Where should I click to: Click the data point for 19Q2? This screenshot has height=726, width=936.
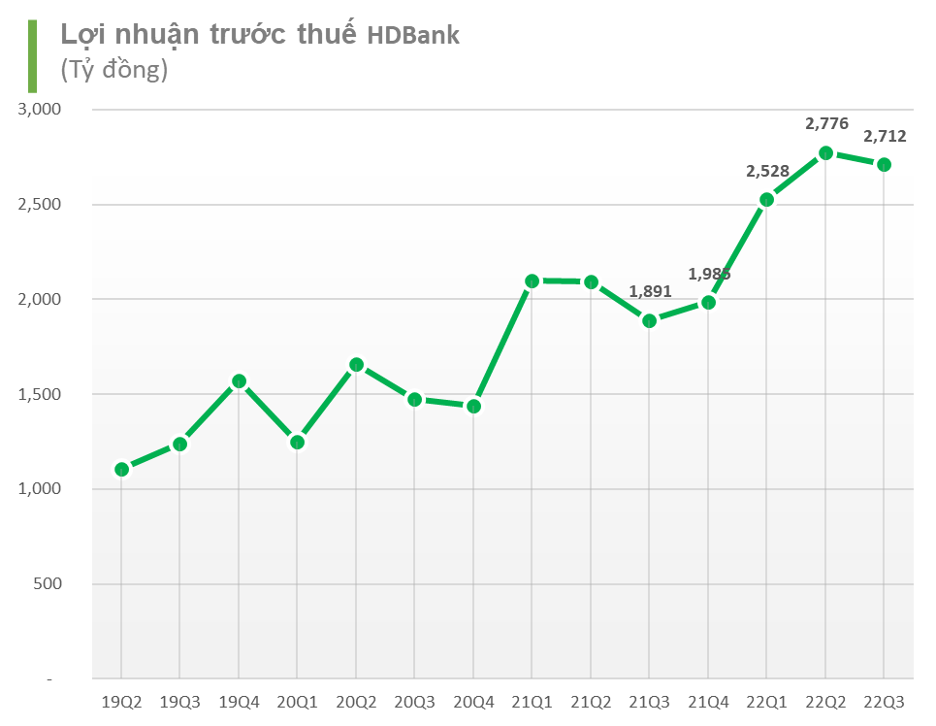click(x=121, y=470)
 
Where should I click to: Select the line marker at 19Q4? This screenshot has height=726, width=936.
click(x=239, y=381)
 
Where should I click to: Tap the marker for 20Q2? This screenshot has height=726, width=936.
click(x=356, y=365)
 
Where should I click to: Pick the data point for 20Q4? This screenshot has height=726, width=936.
click(x=473, y=407)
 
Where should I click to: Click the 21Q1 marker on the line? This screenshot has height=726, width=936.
click(x=532, y=281)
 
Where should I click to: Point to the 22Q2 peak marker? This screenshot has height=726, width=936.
click(x=825, y=153)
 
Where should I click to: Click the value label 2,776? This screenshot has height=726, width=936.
click(x=826, y=123)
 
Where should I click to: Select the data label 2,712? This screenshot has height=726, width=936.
click(x=885, y=136)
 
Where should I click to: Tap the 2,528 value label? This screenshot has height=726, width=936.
click(x=767, y=171)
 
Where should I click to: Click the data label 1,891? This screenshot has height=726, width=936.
click(x=650, y=290)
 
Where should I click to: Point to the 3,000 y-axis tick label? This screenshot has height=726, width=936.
click(x=40, y=110)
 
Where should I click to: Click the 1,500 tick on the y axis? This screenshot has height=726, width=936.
click(x=40, y=395)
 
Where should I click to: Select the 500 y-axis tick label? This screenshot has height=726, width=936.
click(x=48, y=584)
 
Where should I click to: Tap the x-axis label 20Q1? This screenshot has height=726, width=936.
click(x=297, y=701)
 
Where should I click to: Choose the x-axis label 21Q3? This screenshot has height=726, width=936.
click(x=650, y=701)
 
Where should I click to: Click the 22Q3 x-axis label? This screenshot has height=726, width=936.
click(x=885, y=701)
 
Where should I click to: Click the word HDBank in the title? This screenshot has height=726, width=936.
click(x=413, y=36)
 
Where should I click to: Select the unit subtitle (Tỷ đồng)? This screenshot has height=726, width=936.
click(x=114, y=70)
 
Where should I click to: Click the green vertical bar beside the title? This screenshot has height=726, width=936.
click(x=33, y=55)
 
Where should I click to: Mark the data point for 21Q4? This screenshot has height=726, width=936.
click(x=708, y=303)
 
